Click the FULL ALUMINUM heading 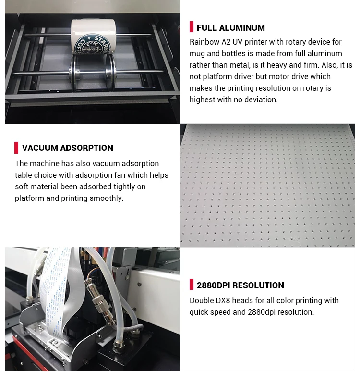pyautogui.click(x=230, y=28)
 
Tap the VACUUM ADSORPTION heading pyautogui.click(x=68, y=148)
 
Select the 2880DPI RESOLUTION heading pyautogui.click(x=240, y=285)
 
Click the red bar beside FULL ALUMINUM pyautogui.click(x=192, y=27)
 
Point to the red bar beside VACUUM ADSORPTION pyautogui.click(x=16, y=148)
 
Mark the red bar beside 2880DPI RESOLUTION pyautogui.click(x=192, y=284)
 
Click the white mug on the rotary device pyautogui.click(x=94, y=37)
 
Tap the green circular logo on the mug pyautogui.click(x=93, y=45)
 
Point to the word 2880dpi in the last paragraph pyautogui.click(x=262, y=312)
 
